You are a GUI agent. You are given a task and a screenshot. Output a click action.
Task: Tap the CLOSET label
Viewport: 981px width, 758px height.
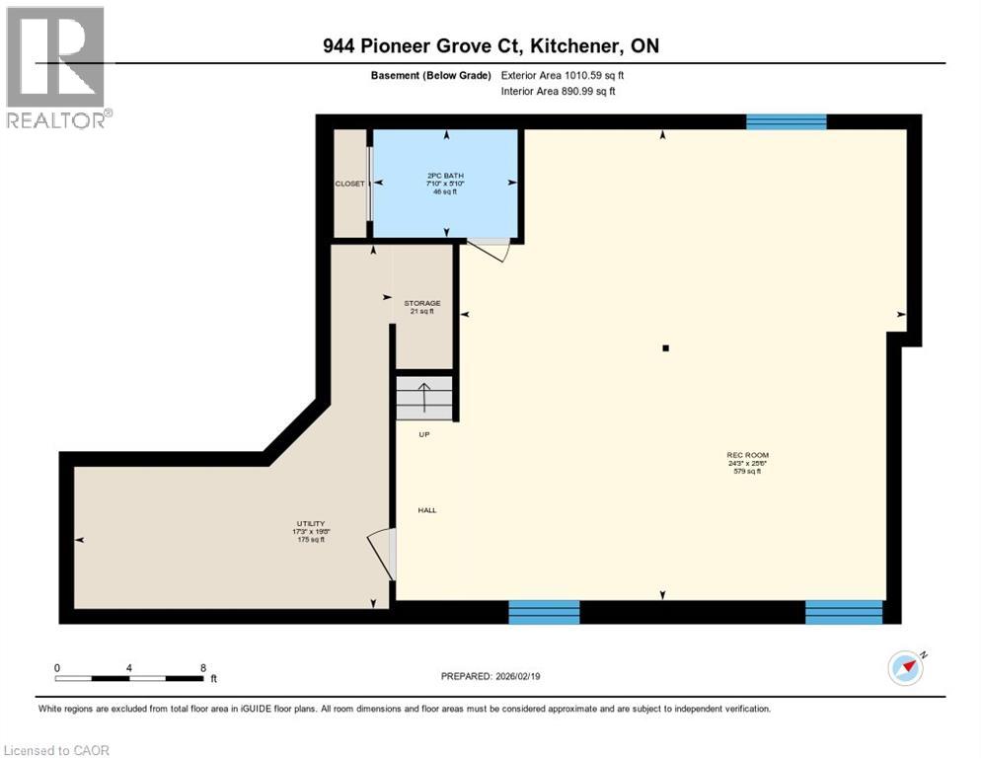click(x=349, y=184)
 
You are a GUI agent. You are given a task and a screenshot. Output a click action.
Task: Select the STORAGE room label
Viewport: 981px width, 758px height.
click(x=421, y=303)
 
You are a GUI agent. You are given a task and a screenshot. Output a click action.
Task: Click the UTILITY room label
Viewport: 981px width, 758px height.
click(x=311, y=524)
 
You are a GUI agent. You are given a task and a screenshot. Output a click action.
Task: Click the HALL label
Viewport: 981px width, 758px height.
click(x=426, y=510)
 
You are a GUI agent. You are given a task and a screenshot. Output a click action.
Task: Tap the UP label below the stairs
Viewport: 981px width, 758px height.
click(x=423, y=434)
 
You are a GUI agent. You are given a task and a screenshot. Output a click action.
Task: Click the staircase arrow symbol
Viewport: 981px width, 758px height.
click(x=424, y=397)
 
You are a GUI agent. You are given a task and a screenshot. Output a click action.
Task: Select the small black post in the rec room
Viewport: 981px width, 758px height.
click(x=666, y=347)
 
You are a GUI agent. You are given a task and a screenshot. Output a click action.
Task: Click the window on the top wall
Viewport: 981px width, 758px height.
click(x=786, y=121)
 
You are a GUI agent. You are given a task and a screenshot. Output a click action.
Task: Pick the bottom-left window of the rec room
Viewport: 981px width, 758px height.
click(x=544, y=612)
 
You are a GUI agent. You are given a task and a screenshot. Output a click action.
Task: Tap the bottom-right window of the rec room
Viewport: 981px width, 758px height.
click(x=843, y=612)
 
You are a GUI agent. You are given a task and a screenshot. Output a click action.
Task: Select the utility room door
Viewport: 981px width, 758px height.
click(x=382, y=554)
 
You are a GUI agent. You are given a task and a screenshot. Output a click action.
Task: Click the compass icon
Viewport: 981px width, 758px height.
click(x=906, y=668)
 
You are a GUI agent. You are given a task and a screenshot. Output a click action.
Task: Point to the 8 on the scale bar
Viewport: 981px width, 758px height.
click(x=203, y=667)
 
